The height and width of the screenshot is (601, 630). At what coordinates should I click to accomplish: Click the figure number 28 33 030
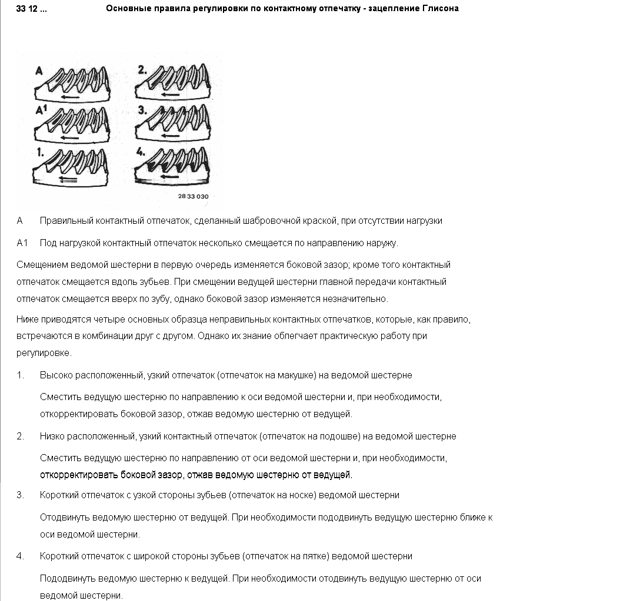[x=193, y=196]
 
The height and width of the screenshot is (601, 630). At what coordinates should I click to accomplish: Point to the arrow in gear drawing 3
[x=169, y=136]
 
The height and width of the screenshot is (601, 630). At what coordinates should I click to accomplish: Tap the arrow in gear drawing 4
[x=169, y=175]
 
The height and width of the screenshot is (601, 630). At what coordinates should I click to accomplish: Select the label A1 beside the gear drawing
[x=41, y=110]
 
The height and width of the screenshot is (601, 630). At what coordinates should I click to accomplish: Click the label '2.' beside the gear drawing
[x=142, y=70]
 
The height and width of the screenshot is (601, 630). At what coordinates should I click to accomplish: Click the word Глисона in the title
[x=440, y=9]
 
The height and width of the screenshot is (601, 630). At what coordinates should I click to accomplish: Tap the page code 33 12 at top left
[x=32, y=9]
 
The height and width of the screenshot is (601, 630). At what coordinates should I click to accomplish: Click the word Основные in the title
[x=128, y=9]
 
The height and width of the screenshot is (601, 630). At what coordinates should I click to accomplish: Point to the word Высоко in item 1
[x=54, y=375]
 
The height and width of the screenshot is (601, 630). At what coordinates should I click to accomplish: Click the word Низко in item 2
[x=52, y=437]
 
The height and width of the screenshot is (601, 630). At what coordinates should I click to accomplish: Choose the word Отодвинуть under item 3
[x=64, y=518]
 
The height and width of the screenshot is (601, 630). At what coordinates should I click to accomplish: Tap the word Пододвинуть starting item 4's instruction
[x=67, y=579]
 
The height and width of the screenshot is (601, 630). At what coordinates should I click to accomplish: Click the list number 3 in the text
[x=20, y=495]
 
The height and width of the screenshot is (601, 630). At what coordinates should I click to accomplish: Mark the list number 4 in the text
[x=20, y=556]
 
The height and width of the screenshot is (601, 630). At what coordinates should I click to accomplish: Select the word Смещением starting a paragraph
[x=41, y=265]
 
